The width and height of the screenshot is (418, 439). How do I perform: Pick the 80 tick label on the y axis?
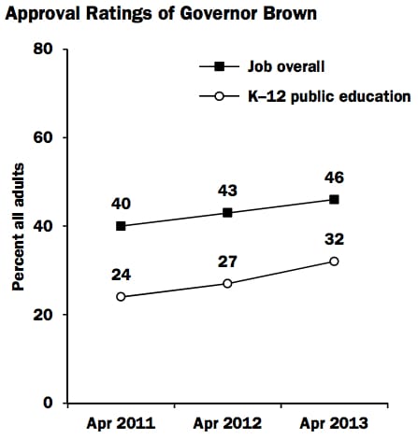pyautogui.click(x=44, y=49)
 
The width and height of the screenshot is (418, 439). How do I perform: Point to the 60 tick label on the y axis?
pyautogui.click(x=44, y=137)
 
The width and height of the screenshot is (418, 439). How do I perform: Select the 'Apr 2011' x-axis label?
pyautogui.click(x=121, y=423)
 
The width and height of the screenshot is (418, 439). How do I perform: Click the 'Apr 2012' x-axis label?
pyautogui.click(x=226, y=423)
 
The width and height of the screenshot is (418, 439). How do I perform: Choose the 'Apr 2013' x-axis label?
pyautogui.click(x=333, y=423)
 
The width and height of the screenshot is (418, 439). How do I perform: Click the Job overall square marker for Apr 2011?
pyautogui.click(x=121, y=226)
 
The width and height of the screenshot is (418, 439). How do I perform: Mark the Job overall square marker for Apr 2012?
pyautogui.click(x=227, y=213)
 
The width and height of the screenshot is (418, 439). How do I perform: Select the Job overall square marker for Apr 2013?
pyautogui.click(x=334, y=199)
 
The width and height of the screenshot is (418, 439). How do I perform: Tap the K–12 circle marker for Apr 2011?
pyautogui.click(x=121, y=297)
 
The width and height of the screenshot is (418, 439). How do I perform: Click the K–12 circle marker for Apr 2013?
pyautogui.click(x=334, y=262)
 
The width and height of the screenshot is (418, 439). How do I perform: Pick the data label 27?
pyautogui.click(x=227, y=262)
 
